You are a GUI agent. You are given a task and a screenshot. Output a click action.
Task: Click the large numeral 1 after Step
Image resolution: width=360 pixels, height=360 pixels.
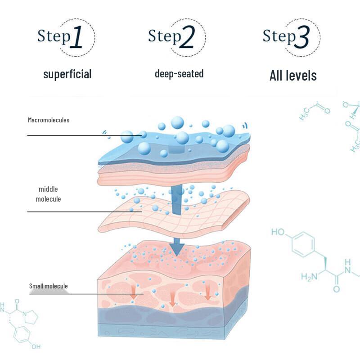tap(77, 38)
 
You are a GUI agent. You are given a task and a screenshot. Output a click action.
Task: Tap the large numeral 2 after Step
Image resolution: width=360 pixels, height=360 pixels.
tap(187, 38)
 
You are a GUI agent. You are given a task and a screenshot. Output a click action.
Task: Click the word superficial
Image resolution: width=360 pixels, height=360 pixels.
tap(67, 74)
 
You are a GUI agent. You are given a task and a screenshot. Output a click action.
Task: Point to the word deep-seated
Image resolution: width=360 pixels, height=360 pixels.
tap(179, 73)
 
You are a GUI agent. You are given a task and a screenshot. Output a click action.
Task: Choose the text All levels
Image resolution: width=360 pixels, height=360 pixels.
tap(293, 75)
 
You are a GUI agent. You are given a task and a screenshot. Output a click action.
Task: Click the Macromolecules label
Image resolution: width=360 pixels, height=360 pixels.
tap(49, 120)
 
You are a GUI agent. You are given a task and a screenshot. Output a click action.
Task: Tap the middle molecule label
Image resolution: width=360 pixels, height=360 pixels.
tap(48, 194)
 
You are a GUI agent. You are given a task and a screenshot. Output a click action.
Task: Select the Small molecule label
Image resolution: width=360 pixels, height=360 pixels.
tap(48, 286)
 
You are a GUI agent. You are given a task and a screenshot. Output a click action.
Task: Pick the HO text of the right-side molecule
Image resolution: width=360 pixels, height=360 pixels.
tap(278, 232)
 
